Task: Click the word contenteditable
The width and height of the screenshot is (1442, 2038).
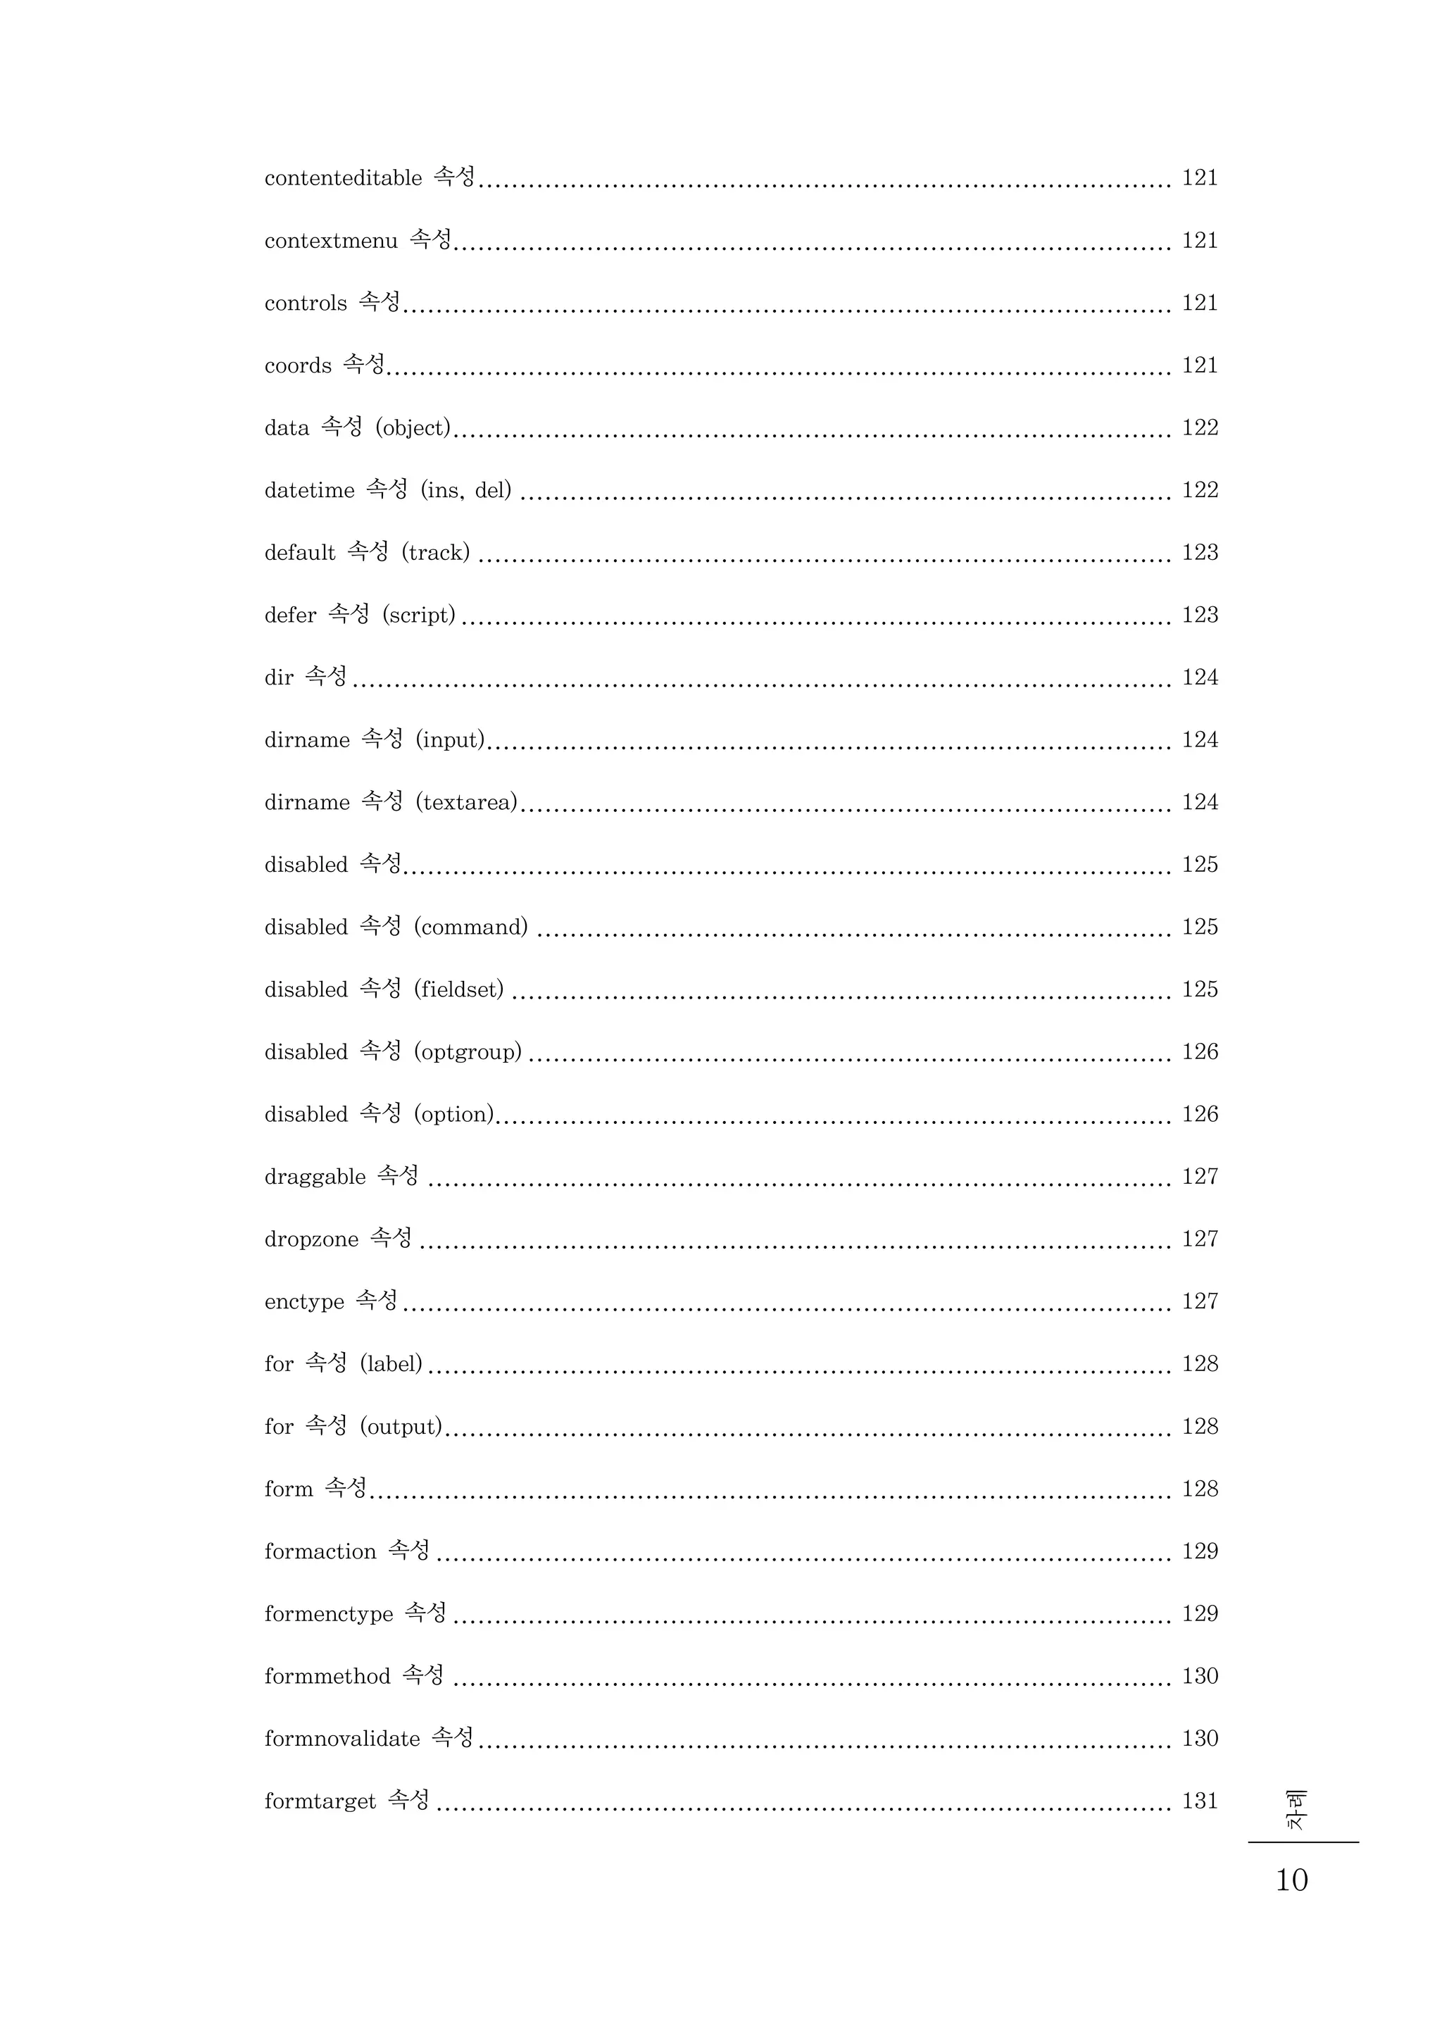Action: pos(343,178)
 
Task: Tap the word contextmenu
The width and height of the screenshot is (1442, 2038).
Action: pos(330,241)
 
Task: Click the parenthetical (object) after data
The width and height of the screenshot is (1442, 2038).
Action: pos(413,428)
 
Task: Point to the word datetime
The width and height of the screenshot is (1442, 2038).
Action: pos(309,490)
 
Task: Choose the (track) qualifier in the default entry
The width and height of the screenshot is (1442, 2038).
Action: pos(435,552)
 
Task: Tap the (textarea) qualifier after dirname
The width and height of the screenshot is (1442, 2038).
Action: pos(466,802)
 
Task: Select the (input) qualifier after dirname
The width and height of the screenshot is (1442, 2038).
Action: pos(450,739)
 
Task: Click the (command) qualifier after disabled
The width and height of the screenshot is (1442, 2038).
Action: pos(470,927)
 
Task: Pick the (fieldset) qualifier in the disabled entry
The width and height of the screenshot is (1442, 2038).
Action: pos(458,989)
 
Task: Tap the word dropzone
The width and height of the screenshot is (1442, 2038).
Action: pos(311,1239)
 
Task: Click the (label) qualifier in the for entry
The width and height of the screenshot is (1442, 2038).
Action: pos(391,1364)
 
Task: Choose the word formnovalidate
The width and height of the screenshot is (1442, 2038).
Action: pos(342,1738)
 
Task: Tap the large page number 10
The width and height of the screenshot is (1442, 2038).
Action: pos(1291,1880)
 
